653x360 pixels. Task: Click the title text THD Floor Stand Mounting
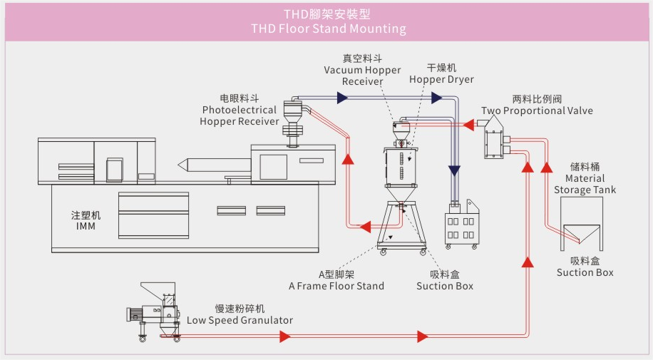coord(328,29)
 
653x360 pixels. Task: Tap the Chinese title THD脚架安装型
coord(328,14)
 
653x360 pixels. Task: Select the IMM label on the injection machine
coord(86,226)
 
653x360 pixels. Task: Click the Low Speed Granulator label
coord(240,320)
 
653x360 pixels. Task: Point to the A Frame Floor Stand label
coord(336,286)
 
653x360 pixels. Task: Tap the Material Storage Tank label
coord(585,184)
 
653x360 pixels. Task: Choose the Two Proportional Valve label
coord(536,110)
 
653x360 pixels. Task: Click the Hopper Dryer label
coord(441,79)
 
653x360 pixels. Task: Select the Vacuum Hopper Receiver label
coord(362,76)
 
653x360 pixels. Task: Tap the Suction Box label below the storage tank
coord(585,272)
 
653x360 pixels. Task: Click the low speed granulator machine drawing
coord(156,311)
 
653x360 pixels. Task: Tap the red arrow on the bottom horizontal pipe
coord(423,336)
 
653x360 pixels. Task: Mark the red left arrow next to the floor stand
coord(364,227)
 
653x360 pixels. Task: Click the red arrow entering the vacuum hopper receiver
coord(468,125)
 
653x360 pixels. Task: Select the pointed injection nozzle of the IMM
coord(183,164)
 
